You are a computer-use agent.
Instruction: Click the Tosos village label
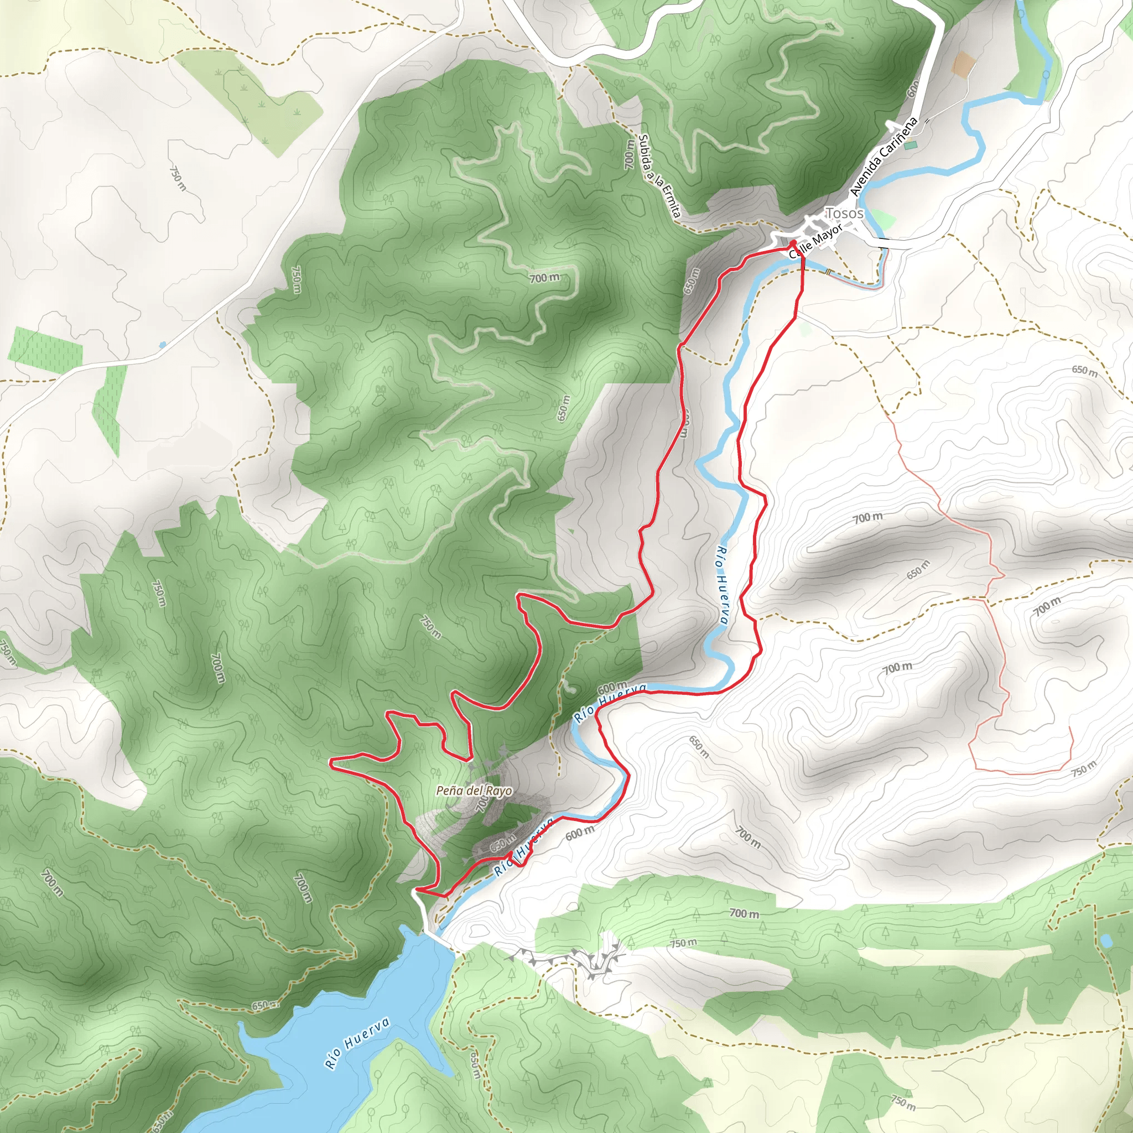[844, 213]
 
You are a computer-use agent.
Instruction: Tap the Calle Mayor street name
[815, 241]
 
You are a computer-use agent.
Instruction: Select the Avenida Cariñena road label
[883, 157]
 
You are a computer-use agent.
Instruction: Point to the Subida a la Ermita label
[660, 176]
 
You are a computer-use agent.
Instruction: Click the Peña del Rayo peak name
[474, 791]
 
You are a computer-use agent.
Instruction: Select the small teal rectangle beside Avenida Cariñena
[911, 144]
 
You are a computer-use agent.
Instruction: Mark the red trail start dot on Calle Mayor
[792, 243]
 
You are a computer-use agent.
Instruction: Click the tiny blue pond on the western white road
[163, 344]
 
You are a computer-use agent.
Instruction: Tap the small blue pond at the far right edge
[1106, 941]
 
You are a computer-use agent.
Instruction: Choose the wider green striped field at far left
[46, 346]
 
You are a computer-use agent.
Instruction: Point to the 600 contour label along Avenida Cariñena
[913, 89]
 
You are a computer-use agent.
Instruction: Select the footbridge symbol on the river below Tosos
[828, 271]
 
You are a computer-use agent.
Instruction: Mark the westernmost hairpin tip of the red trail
[331, 762]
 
